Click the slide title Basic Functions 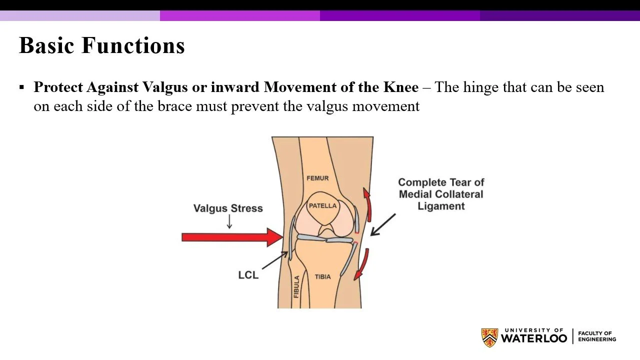pos(101,45)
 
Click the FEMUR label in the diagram pos(317,178)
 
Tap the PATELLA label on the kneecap pos(322,206)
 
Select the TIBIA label pos(322,276)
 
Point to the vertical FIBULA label pos(296,287)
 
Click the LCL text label pos(248,275)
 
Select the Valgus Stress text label pos(228,208)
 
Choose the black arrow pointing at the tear pos(383,225)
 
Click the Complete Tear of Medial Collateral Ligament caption pos(441,194)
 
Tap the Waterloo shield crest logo pos(489,337)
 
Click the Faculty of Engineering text pos(596,336)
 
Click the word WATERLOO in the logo pos(534,338)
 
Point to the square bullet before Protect pos(21,87)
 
